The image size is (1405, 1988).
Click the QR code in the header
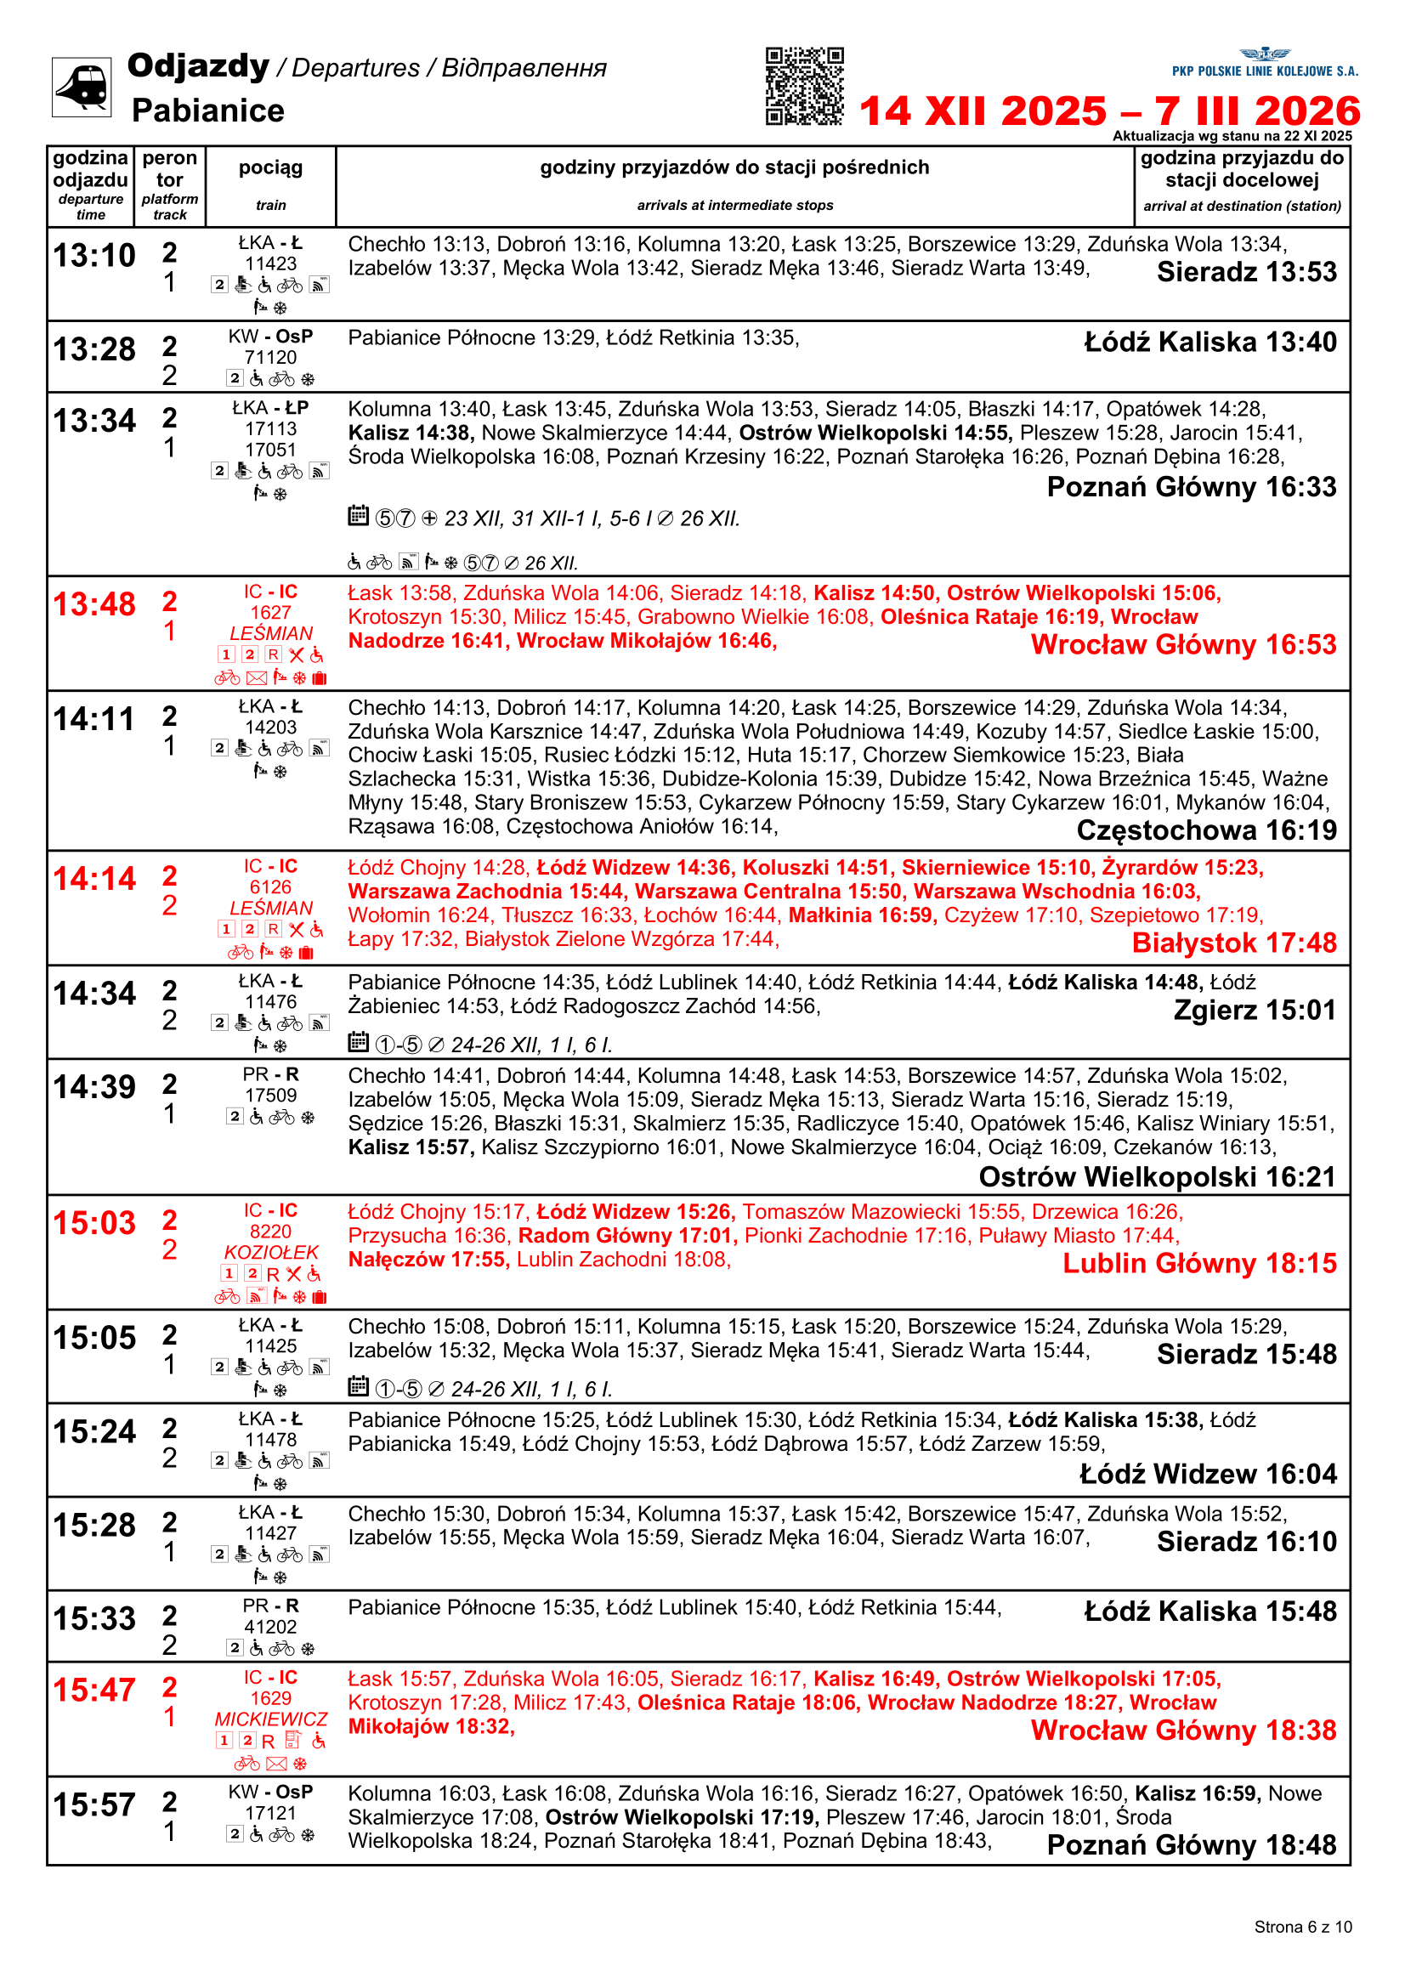pyautogui.click(x=804, y=87)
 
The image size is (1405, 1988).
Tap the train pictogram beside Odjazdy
pyautogui.click(x=82, y=87)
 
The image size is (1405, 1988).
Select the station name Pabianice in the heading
pyautogui.click(x=207, y=110)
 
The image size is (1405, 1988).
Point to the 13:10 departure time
pyautogui.click(x=94, y=256)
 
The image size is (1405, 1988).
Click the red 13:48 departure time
pyautogui.click(x=94, y=604)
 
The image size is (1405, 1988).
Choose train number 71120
pyautogui.click(x=270, y=358)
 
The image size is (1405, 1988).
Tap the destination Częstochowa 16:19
pyautogui.click(x=1206, y=830)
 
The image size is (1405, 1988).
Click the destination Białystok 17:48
pyautogui.click(x=1233, y=943)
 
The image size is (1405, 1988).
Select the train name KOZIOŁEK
pyautogui.click(x=271, y=1253)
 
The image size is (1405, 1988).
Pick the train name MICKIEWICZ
pyautogui.click(x=271, y=1719)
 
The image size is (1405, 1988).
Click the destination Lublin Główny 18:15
pyautogui.click(x=1199, y=1264)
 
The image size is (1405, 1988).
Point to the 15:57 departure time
pyautogui.click(x=94, y=1805)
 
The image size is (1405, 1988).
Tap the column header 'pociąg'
pyautogui.click(x=270, y=168)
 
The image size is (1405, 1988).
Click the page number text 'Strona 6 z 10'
pyautogui.click(x=1302, y=1927)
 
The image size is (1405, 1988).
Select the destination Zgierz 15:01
pyautogui.click(x=1255, y=1011)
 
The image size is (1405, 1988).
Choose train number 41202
pyautogui.click(x=270, y=1628)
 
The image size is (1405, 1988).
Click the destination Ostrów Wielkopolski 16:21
pyautogui.click(x=1158, y=1177)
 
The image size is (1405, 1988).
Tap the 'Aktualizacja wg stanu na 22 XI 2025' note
pyautogui.click(x=1232, y=136)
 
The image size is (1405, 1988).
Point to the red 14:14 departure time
pyautogui.click(x=94, y=879)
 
